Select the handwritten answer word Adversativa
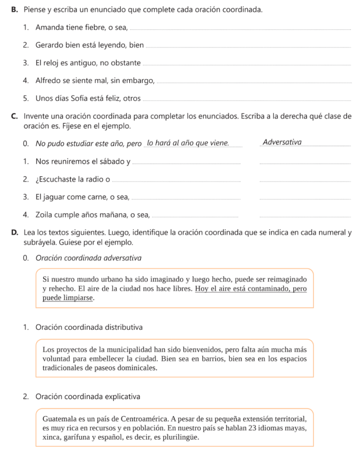[282, 142]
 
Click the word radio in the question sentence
[93, 179]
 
